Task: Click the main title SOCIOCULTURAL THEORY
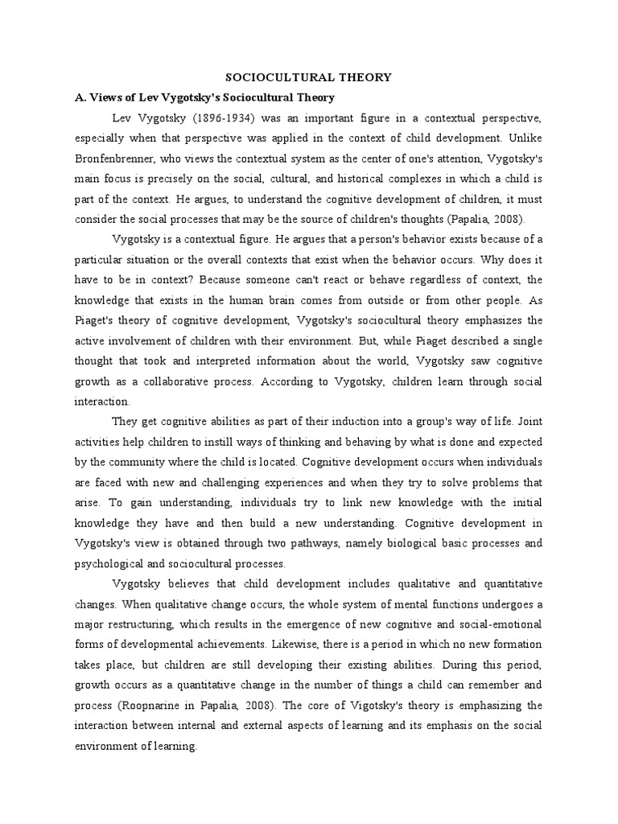(308, 77)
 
